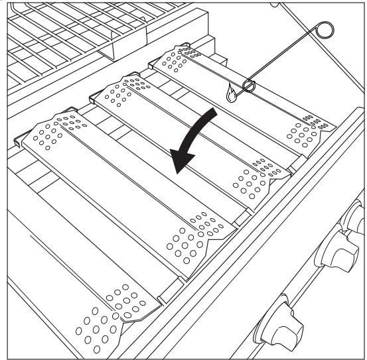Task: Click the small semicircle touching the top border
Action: [279, 4]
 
